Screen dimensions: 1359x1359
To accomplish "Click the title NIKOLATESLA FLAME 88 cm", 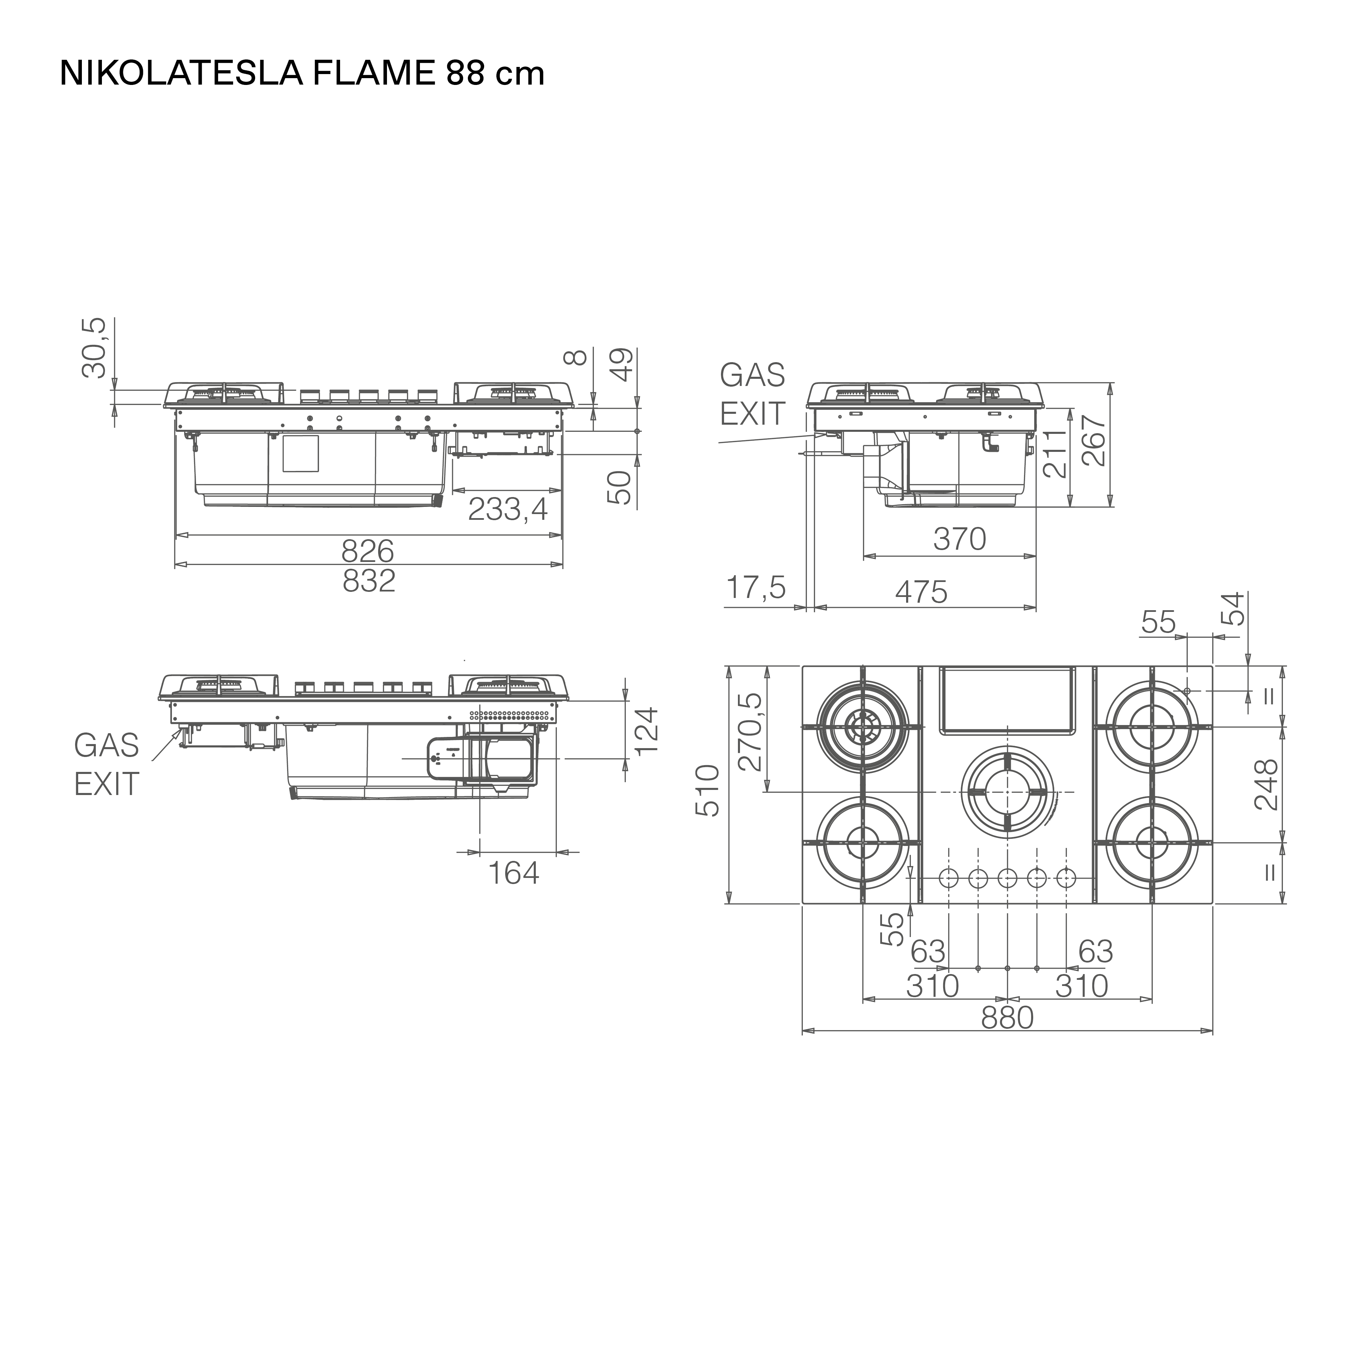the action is tap(302, 73).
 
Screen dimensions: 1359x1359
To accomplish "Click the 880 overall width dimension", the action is tap(1007, 1017).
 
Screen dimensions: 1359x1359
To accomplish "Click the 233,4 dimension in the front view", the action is tap(508, 509).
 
